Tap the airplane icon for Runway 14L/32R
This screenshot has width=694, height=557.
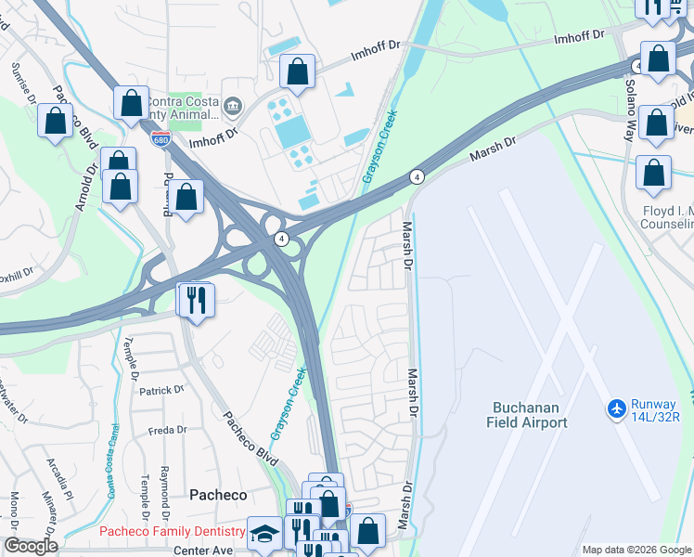coord(616,408)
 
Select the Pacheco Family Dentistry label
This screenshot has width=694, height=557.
coord(173,532)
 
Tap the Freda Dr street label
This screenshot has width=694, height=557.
coord(168,431)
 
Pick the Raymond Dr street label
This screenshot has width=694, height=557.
coord(165,492)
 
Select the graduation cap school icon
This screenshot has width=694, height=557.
coord(264,533)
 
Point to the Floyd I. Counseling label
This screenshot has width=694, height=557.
coord(667,218)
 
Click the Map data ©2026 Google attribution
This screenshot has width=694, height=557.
coord(636,550)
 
